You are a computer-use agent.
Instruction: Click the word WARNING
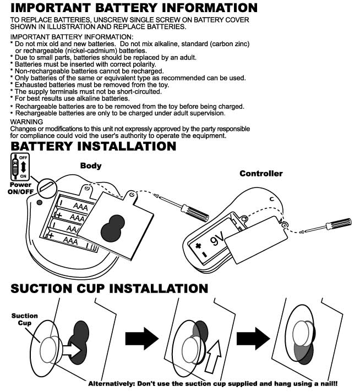tap(26, 122)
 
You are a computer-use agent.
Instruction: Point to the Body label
tap(91, 165)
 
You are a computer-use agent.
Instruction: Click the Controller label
tap(261, 174)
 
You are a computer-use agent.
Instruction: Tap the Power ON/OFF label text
tap(20, 189)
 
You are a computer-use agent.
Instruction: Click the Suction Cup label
tap(25, 319)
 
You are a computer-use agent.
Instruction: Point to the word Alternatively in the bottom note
tap(113, 384)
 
